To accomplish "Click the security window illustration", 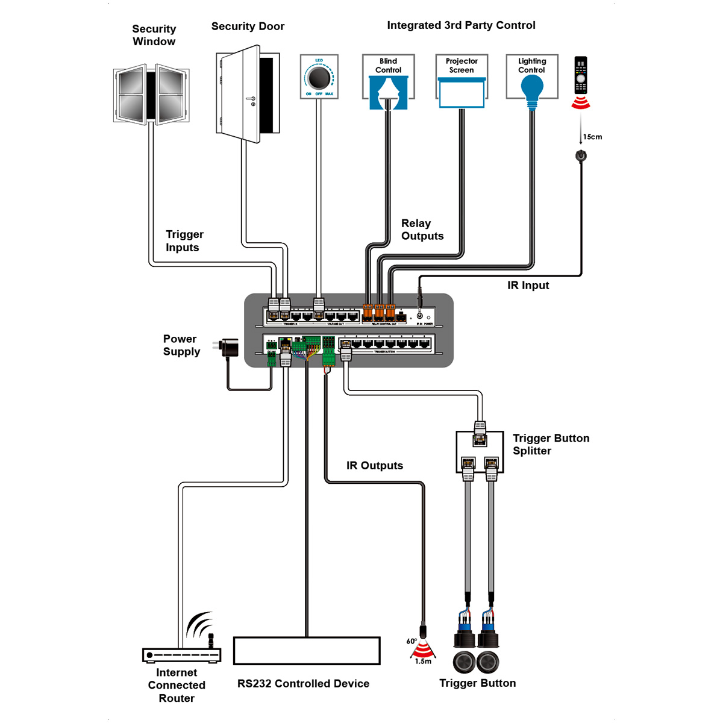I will [151, 95].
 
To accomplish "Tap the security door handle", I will [252, 100].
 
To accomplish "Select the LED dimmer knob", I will [319, 77].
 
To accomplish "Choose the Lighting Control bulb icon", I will [532, 88].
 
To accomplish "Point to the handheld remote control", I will [580, 75].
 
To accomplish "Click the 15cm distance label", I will [592, 137].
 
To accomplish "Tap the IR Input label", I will [528, 285].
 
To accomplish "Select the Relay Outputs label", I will [422, 230].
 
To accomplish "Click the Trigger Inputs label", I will [184, 241].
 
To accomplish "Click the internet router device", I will [182, 655].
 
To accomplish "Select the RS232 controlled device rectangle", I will [307, 651].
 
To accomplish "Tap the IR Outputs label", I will [374, 466].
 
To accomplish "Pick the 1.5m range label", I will [423, 661].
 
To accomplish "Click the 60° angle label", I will [412, 642].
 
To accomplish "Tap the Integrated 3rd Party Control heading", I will [461, 25].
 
